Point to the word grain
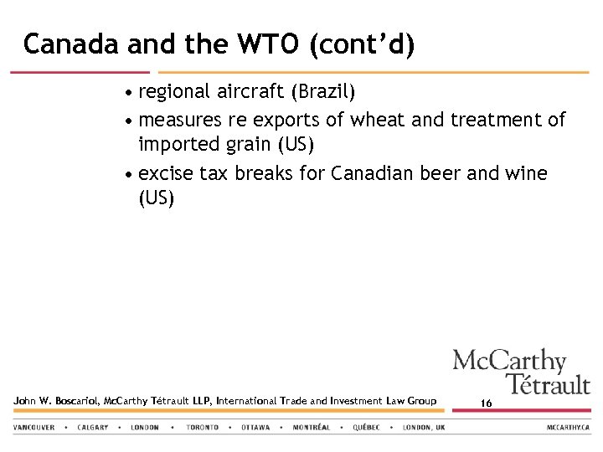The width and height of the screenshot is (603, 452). pos(249,146)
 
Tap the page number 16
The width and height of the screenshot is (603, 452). pos(487,403)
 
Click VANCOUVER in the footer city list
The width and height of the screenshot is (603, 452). pos(34,428)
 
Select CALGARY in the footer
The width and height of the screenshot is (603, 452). pos(92,428)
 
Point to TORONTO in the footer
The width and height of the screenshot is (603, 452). pos(203,428)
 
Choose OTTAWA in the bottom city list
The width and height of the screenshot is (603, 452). pos(255,428)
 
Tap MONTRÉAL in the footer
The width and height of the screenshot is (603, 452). pos(312,428)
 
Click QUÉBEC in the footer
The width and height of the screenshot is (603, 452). pos(366,428)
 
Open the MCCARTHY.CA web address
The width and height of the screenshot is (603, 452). pos(569,428)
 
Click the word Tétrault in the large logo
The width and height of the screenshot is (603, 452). pos(548,385)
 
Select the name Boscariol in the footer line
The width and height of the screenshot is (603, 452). pos(73,401)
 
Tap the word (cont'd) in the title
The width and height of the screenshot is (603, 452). pos(362,44)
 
